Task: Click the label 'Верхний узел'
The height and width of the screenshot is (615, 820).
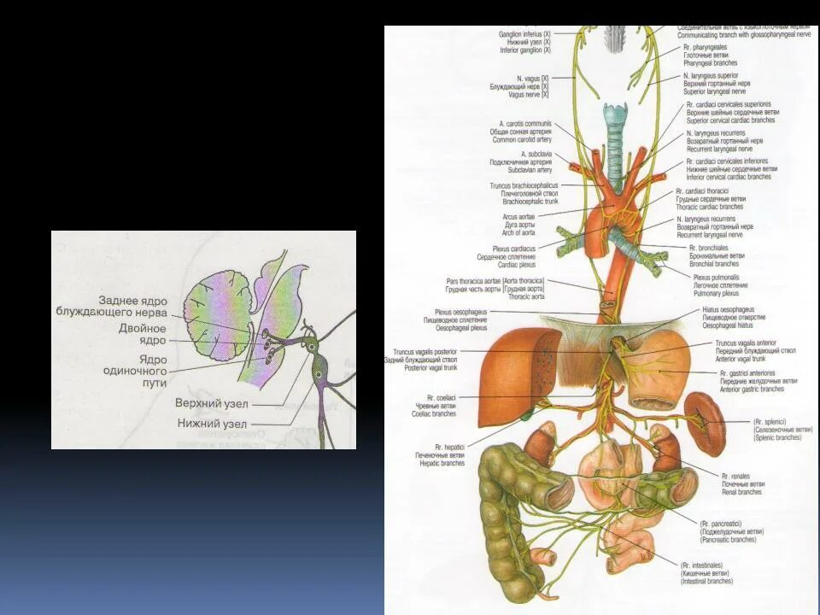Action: [211, 402]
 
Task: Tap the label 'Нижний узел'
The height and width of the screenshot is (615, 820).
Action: [212, 424]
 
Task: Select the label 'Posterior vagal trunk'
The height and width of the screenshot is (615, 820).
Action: [425, 367]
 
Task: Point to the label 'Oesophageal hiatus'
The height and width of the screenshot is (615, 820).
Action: [729, 325]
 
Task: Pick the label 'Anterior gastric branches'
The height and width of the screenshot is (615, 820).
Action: [752, 389]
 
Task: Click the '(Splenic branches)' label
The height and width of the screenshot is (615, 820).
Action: [776, 436]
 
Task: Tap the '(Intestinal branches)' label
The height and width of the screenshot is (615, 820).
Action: [706, 581]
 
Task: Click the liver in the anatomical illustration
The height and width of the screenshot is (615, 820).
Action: [512, 376]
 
